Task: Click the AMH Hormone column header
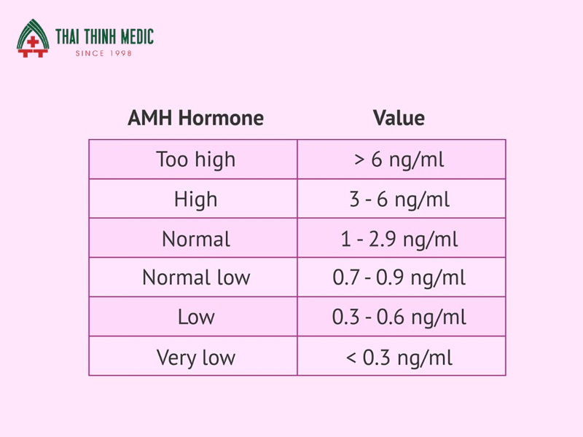click(195, 118)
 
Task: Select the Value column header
click(399, 118)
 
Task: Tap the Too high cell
click(195, 160)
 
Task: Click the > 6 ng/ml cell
click(399, 160)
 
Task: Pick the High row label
click(195, 199)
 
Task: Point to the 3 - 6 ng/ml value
click(399, 199)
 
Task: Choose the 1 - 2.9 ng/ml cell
click(399, 239)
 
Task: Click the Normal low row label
click(196, 277)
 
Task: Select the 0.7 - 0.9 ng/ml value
click(399, 277)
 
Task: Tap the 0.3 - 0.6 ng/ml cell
click(399, 317)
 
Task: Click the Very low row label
click(195, 358)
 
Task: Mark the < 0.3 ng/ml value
click(399, 358)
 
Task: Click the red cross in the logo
click(33, 42)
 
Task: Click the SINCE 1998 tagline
click(103, 53)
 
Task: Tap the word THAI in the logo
click(67, 37)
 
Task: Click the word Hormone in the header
click(221, 118)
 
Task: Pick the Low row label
click(196, 317)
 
